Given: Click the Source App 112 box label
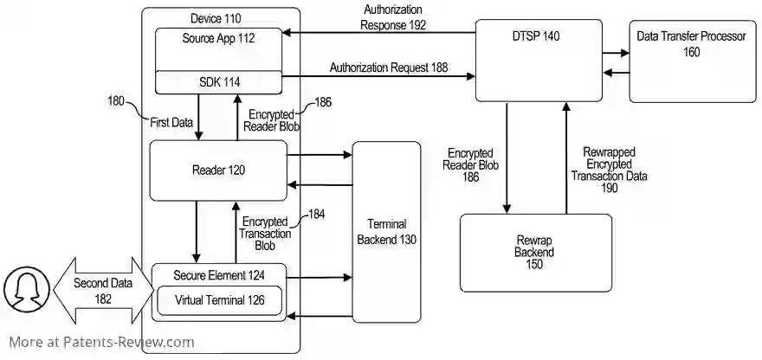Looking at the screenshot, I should [218, 39].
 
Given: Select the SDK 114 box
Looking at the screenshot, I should [218, 81].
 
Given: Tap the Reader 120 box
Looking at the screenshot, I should [218, 170].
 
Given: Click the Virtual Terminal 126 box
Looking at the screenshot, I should [218, 301].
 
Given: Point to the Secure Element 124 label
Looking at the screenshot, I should [218, 276].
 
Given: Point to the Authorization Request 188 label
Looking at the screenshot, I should [389, 67].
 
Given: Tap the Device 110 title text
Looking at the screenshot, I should [216, 18].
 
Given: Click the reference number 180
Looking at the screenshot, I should [116, 102].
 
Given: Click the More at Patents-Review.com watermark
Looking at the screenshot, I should [102, 342].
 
